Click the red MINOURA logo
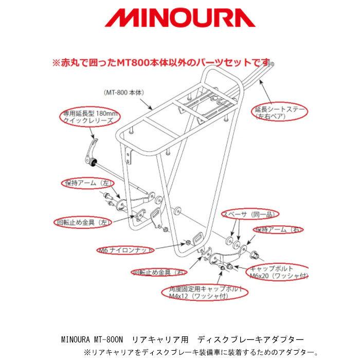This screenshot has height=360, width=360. pyautogui.click(x=179, y=20)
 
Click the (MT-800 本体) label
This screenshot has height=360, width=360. pyautogui.click(x=124, y=92)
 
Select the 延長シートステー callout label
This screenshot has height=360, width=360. pyautogui.click(x=280, y=113)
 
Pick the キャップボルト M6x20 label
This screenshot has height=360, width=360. pyautogui.click(x=278, y=273)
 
